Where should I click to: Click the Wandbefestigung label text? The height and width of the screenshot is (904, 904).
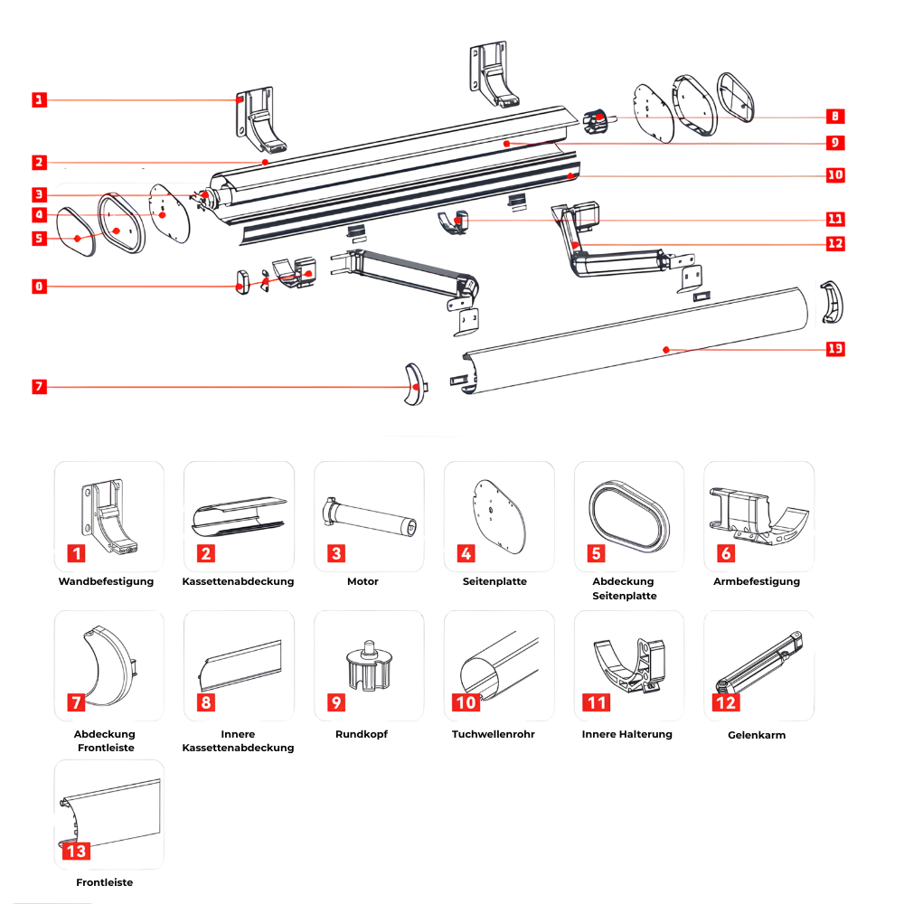(106, 581)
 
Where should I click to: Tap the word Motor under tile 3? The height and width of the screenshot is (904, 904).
(363, 581)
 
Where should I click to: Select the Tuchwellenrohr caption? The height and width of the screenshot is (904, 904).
(494, 734)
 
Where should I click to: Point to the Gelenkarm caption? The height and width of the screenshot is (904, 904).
(757, 735)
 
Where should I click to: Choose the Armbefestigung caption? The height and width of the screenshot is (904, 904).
(757, 581)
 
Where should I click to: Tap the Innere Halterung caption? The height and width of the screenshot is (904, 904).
(627, 734)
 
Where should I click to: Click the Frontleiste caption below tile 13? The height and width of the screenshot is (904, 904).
(105, 882)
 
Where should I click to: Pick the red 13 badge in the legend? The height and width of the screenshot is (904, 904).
(76, 850)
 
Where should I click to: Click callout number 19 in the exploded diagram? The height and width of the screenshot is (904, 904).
(835, 350)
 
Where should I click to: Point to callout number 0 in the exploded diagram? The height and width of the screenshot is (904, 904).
(38, 287)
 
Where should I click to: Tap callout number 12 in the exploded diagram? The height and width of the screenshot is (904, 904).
(835, 243)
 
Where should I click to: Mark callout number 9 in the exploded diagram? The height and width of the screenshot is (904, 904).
(835, 142)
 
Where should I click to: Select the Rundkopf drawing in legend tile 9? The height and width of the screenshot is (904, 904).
(367, 665)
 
